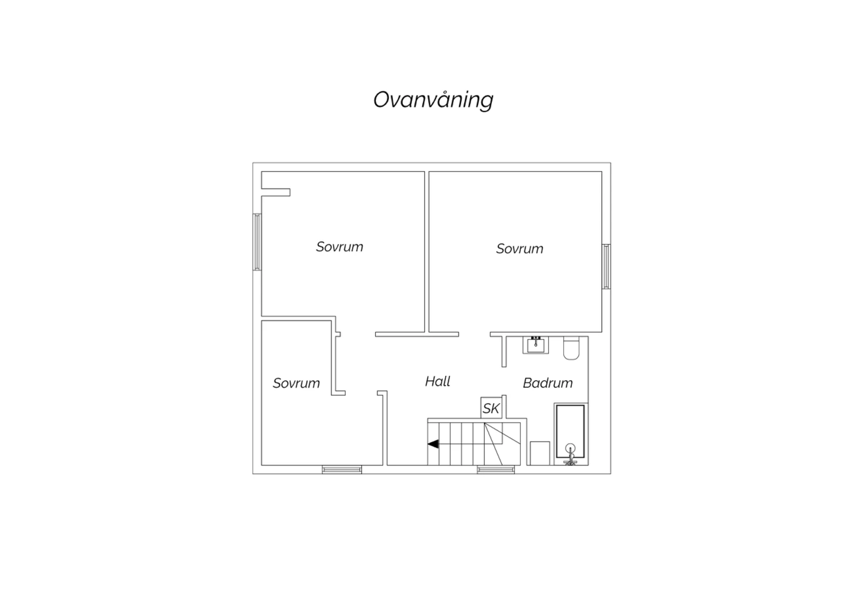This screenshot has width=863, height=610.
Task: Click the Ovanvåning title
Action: (x=433, y=100)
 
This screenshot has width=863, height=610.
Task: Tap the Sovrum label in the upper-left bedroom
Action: (x=339, y=247)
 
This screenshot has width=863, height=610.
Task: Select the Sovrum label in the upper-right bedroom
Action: (x=520, y=249)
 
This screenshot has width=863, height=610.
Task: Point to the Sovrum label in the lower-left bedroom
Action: (x=296, y=383)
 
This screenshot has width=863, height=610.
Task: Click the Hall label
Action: (x=438, y=382)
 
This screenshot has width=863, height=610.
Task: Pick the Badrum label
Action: (x=548, y=383)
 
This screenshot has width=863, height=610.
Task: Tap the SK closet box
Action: (x=491, y=407)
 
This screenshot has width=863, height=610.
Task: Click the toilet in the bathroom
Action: (x=571, y=348)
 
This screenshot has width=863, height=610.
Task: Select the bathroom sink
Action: (x=536, y=345)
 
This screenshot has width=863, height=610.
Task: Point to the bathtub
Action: (x=571, y=434)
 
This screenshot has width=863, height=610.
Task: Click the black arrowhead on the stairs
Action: (x=433, y=444)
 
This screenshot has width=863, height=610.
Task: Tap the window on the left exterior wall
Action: (x=257, y=242)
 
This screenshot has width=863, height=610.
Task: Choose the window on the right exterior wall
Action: (x=606, y=266)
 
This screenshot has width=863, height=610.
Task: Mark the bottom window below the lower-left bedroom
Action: (x=342, y=470)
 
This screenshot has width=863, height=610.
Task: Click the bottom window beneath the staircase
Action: (x=496, y=470)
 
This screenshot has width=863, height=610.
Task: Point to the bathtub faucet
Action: (x=570, y=455)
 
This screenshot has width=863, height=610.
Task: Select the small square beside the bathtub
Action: (x=540, y=453)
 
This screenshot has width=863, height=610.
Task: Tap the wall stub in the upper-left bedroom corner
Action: (x=276, y=192)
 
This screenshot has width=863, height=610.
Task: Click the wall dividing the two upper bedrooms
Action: (x=427, y=251)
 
